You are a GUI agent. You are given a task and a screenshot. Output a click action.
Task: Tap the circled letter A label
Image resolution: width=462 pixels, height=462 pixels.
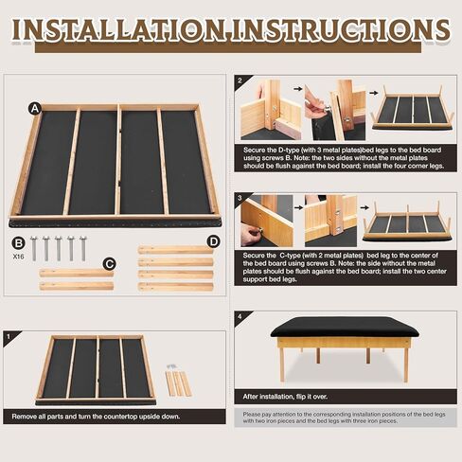(35, 108)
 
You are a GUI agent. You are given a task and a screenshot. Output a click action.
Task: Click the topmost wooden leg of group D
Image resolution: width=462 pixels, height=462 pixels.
(174, 250)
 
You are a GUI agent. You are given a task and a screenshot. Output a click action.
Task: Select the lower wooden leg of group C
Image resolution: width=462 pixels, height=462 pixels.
(76, 285)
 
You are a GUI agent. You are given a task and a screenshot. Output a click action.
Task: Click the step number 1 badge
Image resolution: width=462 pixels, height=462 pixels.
(8, 335)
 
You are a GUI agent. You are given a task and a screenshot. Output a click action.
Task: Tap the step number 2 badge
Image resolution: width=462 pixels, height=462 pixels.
(240, 81)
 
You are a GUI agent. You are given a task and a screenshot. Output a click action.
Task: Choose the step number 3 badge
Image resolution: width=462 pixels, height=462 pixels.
(240, 199)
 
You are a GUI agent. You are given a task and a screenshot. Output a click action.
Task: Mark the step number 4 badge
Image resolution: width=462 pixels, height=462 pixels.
(240, 315)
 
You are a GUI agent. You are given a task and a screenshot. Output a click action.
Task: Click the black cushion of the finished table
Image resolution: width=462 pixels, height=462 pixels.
(345, 328)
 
